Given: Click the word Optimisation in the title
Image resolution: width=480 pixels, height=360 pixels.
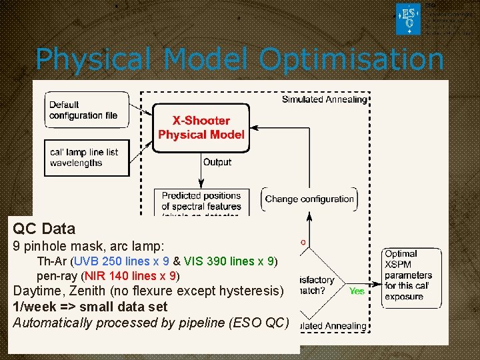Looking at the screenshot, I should [351, 60].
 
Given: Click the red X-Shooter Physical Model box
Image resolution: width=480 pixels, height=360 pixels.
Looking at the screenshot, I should [201, 128].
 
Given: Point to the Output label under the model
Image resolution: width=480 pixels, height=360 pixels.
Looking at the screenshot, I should [217, 162].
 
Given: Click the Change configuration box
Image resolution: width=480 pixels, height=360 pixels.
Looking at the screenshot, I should [309, 199].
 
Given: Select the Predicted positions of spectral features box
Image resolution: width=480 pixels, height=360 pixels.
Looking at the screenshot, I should [201, 201].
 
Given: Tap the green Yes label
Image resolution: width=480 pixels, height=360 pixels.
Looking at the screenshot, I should [357, 291].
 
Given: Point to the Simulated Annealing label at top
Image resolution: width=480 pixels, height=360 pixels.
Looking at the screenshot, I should [324, 99].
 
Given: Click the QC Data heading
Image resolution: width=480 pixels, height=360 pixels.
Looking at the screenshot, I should [44, 229].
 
